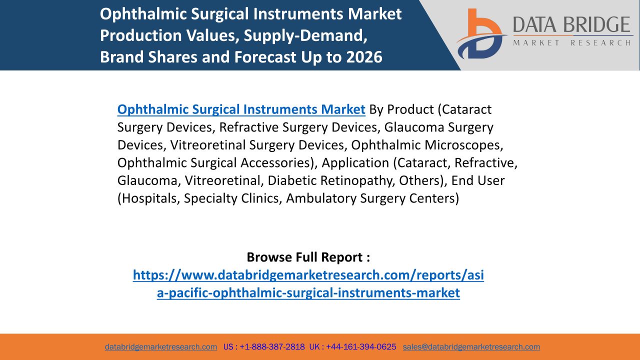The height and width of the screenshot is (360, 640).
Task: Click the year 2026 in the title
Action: click(x=364, y=56)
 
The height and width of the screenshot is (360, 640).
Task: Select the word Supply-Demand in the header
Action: click(x=305, y=35)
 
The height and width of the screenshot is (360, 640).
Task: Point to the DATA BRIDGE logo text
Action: click(x=571, y=24)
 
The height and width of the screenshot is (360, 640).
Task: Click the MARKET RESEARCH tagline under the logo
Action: click(x=571, y=43)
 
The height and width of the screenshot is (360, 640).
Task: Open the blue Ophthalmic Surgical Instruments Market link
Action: click(x=241, y=109)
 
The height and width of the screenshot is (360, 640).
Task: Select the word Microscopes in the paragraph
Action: click(x=463, y=145)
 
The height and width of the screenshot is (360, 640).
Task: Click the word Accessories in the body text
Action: click(x=278, y=163)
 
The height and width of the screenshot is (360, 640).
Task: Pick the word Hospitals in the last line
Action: click(x=148, y=198)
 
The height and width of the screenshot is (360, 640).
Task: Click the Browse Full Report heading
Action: click(x=308, y=257)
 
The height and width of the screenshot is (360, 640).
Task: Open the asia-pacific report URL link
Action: click(x=308, y=283)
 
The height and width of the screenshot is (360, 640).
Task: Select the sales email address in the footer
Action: click(x=471, y=347)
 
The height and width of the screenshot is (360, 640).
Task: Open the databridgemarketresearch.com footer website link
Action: click(x=161, y=347)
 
